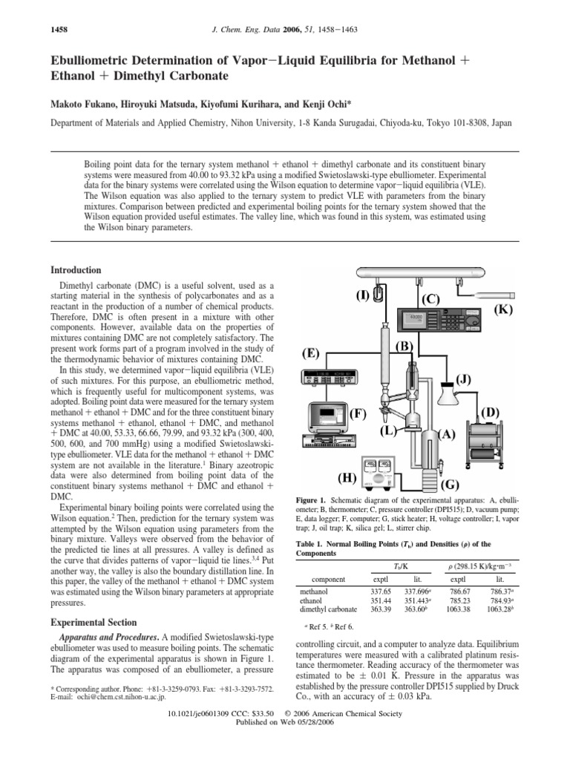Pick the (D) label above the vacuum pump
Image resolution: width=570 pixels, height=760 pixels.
pyautogui.click(x=491, y=412)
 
